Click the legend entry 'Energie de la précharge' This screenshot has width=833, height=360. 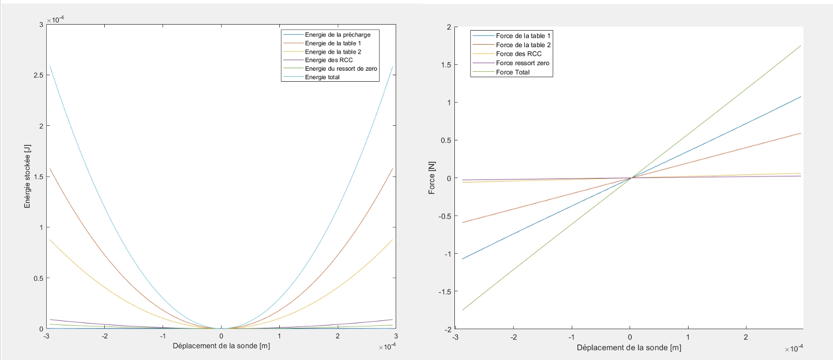click(338, 35)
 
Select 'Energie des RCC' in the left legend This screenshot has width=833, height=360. click(328, 60)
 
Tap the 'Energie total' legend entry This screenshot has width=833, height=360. click(322, 77)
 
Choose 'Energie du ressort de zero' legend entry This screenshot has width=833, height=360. click(341, 69)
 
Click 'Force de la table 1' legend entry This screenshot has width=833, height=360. click(523, 36)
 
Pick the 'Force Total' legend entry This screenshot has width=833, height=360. click(513, 72)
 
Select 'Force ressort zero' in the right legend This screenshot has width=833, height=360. click(522, 63)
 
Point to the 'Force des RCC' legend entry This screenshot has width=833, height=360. click(519, 54)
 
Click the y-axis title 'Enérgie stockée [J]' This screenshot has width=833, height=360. click(28, 176)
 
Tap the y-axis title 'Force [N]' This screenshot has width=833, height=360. click(432, 178)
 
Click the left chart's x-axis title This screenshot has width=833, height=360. click(221, 346)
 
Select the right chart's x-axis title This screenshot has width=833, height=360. click(628, 347)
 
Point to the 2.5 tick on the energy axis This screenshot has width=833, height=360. click(38, 75)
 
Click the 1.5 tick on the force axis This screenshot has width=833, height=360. click(446, 65)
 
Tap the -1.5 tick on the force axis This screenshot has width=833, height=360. click(444, 292)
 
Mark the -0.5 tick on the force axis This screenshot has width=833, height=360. click(444, 216)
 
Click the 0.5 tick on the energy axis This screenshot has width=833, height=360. click(38, 278)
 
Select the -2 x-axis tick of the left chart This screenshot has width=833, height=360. click(104, 336)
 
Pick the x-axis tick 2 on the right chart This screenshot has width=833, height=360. click(746, 337)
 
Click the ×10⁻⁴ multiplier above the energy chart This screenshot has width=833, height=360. click(55, 20)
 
